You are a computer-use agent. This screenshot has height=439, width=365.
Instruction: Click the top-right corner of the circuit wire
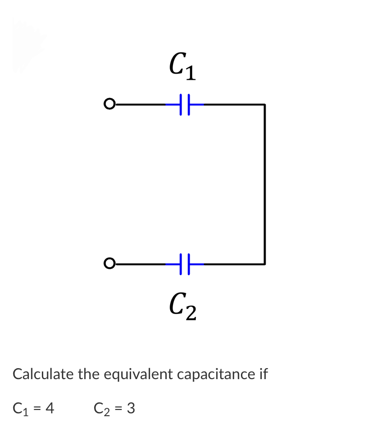coord(264,105)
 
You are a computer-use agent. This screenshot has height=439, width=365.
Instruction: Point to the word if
coord(263,374)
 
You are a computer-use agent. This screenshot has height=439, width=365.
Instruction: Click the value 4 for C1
coord(49,408)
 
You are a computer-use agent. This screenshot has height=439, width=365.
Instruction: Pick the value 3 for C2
coord(131,408)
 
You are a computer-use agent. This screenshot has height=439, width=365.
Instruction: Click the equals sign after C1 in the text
coord(37,408)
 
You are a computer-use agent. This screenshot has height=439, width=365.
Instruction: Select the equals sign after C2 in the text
coord(118,408)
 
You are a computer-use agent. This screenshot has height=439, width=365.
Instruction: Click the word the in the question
coord(88,374)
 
